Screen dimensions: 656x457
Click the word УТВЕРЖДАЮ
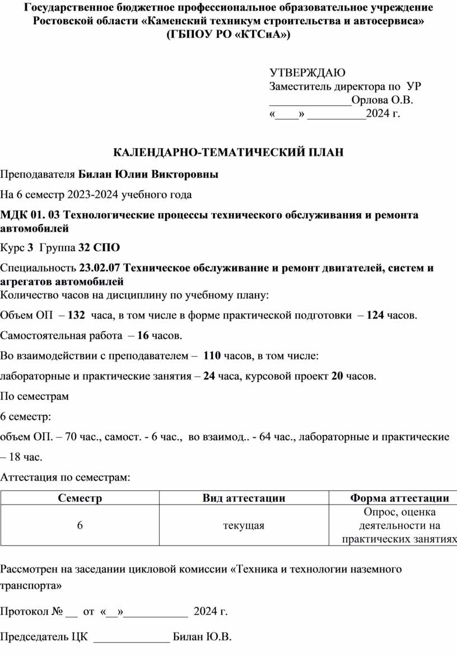coord(307,72)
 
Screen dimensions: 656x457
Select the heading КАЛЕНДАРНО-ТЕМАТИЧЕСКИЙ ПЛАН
coord(228,153)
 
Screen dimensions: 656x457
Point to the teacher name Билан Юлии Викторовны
coord(148,174)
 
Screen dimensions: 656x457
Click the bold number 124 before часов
coord(375,315)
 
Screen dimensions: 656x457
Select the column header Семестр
coord(80,498)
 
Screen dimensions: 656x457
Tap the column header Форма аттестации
coord(399,498)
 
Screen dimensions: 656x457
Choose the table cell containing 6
coord(80,525)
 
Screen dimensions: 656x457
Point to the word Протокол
coord(25,611)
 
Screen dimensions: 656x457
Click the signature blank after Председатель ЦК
coord(131,638)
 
